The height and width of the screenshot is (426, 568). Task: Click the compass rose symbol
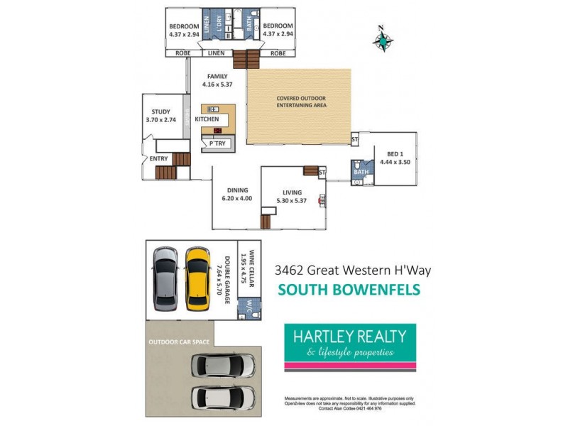[383, 41]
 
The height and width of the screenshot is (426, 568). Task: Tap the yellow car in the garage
[197, 278]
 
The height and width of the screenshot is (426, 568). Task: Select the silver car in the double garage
[165, 278]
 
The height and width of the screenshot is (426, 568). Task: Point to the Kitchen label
[207, 119]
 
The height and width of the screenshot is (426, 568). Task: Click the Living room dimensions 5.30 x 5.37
[292, 201]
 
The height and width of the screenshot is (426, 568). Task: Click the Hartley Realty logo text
[345, 336]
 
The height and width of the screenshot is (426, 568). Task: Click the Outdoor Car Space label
[179, 342]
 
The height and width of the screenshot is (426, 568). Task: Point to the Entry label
[159, 158]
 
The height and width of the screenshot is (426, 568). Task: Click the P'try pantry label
[217, 144]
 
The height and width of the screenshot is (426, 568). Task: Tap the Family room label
[217, 76]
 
